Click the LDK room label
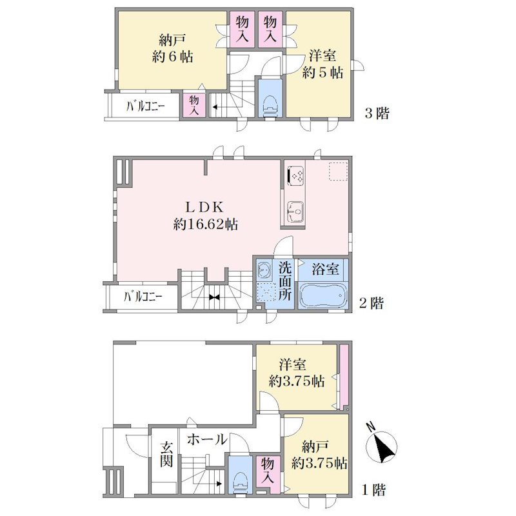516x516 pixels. [204, 207]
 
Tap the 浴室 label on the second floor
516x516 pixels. [325, 269]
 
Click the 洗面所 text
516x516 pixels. [284, 281]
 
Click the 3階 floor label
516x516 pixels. [377, 114]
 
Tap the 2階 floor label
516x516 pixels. [372, 303]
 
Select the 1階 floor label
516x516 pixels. [373, 490]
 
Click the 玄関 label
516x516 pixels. [166, 455]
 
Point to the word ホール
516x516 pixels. [207, 439]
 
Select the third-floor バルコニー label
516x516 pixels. [145, 106]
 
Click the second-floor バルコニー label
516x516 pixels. [143, 297]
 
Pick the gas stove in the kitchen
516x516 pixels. [296, 174]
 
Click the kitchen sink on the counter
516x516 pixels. [295, 212]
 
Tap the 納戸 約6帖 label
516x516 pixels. [172, 49]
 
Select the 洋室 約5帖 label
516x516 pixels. [322, 64]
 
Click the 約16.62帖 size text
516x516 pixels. [206, 224]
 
